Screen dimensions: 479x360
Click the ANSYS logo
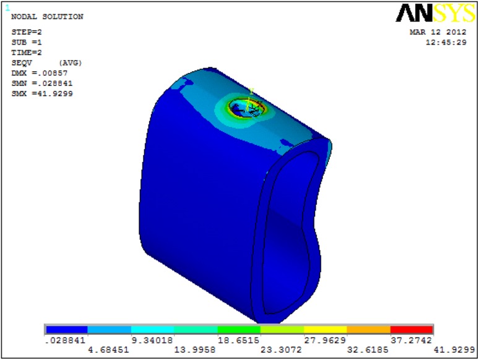coord(436,13)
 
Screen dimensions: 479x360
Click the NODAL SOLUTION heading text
coord(48,17)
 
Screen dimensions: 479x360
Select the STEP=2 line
coord(27,32)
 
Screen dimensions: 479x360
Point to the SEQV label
coord(22,63)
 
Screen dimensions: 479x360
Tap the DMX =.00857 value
coord(40,73)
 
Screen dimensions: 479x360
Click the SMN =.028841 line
coord(42,84)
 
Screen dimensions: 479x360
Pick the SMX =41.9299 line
coord(42,94)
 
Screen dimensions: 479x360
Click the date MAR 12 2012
coord(438,32)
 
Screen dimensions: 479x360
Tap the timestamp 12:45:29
coord(446,43)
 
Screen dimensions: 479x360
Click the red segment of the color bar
coord(412,330)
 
